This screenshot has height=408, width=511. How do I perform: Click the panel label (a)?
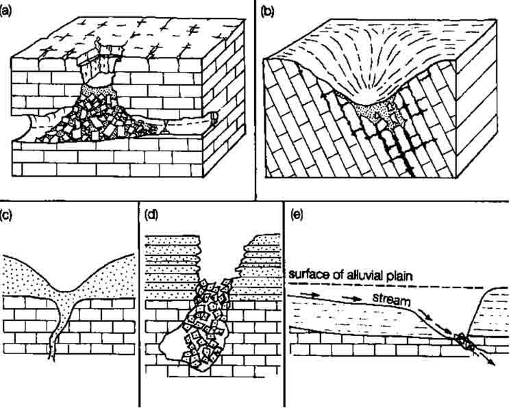coord(6,12)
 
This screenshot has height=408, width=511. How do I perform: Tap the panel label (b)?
coord(268,12)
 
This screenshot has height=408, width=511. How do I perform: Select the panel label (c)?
coord(6,215)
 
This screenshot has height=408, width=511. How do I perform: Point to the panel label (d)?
coord(151,215)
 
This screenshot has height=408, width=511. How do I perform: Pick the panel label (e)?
coord(296,215)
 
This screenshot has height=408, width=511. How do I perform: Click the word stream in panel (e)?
coord(391,299)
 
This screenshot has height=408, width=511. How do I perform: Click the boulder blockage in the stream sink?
coord(464,341)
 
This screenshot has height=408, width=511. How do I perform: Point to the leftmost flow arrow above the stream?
coord(308,294)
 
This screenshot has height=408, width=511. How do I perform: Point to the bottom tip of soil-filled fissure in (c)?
coord(51,359)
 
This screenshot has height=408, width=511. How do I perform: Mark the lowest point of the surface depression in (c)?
coord(65,292)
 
